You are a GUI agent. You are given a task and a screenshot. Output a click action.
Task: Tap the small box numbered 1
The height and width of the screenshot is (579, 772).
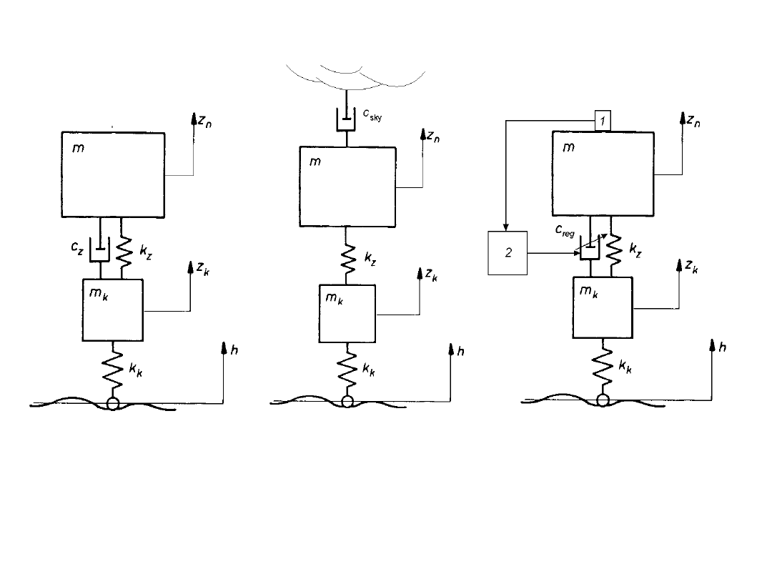point(603,122)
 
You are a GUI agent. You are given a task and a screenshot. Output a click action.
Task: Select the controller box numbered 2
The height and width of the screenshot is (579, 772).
point(508,253)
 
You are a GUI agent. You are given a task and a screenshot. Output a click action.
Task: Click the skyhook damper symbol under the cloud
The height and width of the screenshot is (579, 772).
point(347,120)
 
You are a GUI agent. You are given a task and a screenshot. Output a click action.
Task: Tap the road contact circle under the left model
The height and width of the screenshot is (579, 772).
point(112,403)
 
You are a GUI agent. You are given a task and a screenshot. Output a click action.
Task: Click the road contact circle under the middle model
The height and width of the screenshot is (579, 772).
point(347,402)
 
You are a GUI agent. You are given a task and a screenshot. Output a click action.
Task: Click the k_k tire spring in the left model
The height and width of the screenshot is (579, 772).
point(112,370)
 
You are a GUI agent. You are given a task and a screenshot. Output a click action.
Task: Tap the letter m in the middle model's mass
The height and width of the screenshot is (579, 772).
point(315,162)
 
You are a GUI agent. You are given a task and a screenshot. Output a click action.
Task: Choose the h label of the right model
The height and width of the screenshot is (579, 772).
point(723,347)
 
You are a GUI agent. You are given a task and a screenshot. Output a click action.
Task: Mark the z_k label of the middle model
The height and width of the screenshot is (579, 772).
point(431,274)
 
